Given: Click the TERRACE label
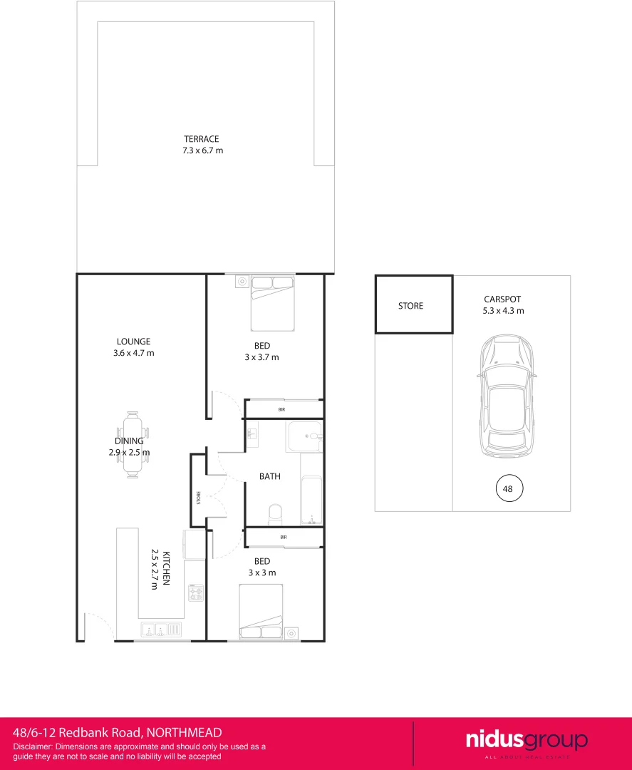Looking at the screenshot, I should pyautogui.click(x=201, y=139).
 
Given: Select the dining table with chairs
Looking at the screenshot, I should pyautogui.click(x=133, y=446).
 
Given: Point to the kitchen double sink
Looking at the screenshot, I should pyautogui.click(x=162, y=630).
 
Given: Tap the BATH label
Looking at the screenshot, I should pyautogui.click(x=269, y=476).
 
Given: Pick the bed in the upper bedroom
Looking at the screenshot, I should pyautogui.click(x=273, y=304).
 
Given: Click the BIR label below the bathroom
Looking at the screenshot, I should pyautogui.click(x=283, y=537).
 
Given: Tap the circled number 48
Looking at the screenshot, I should pyautogui.click(x=509, y=489).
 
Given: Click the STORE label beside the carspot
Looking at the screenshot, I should pyautogui.click(x=410, y=306).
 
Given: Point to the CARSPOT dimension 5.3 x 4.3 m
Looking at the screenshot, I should pyautogui.click(x=504, y=311).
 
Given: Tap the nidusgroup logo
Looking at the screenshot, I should pyautogui.click(x=527, y=741).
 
